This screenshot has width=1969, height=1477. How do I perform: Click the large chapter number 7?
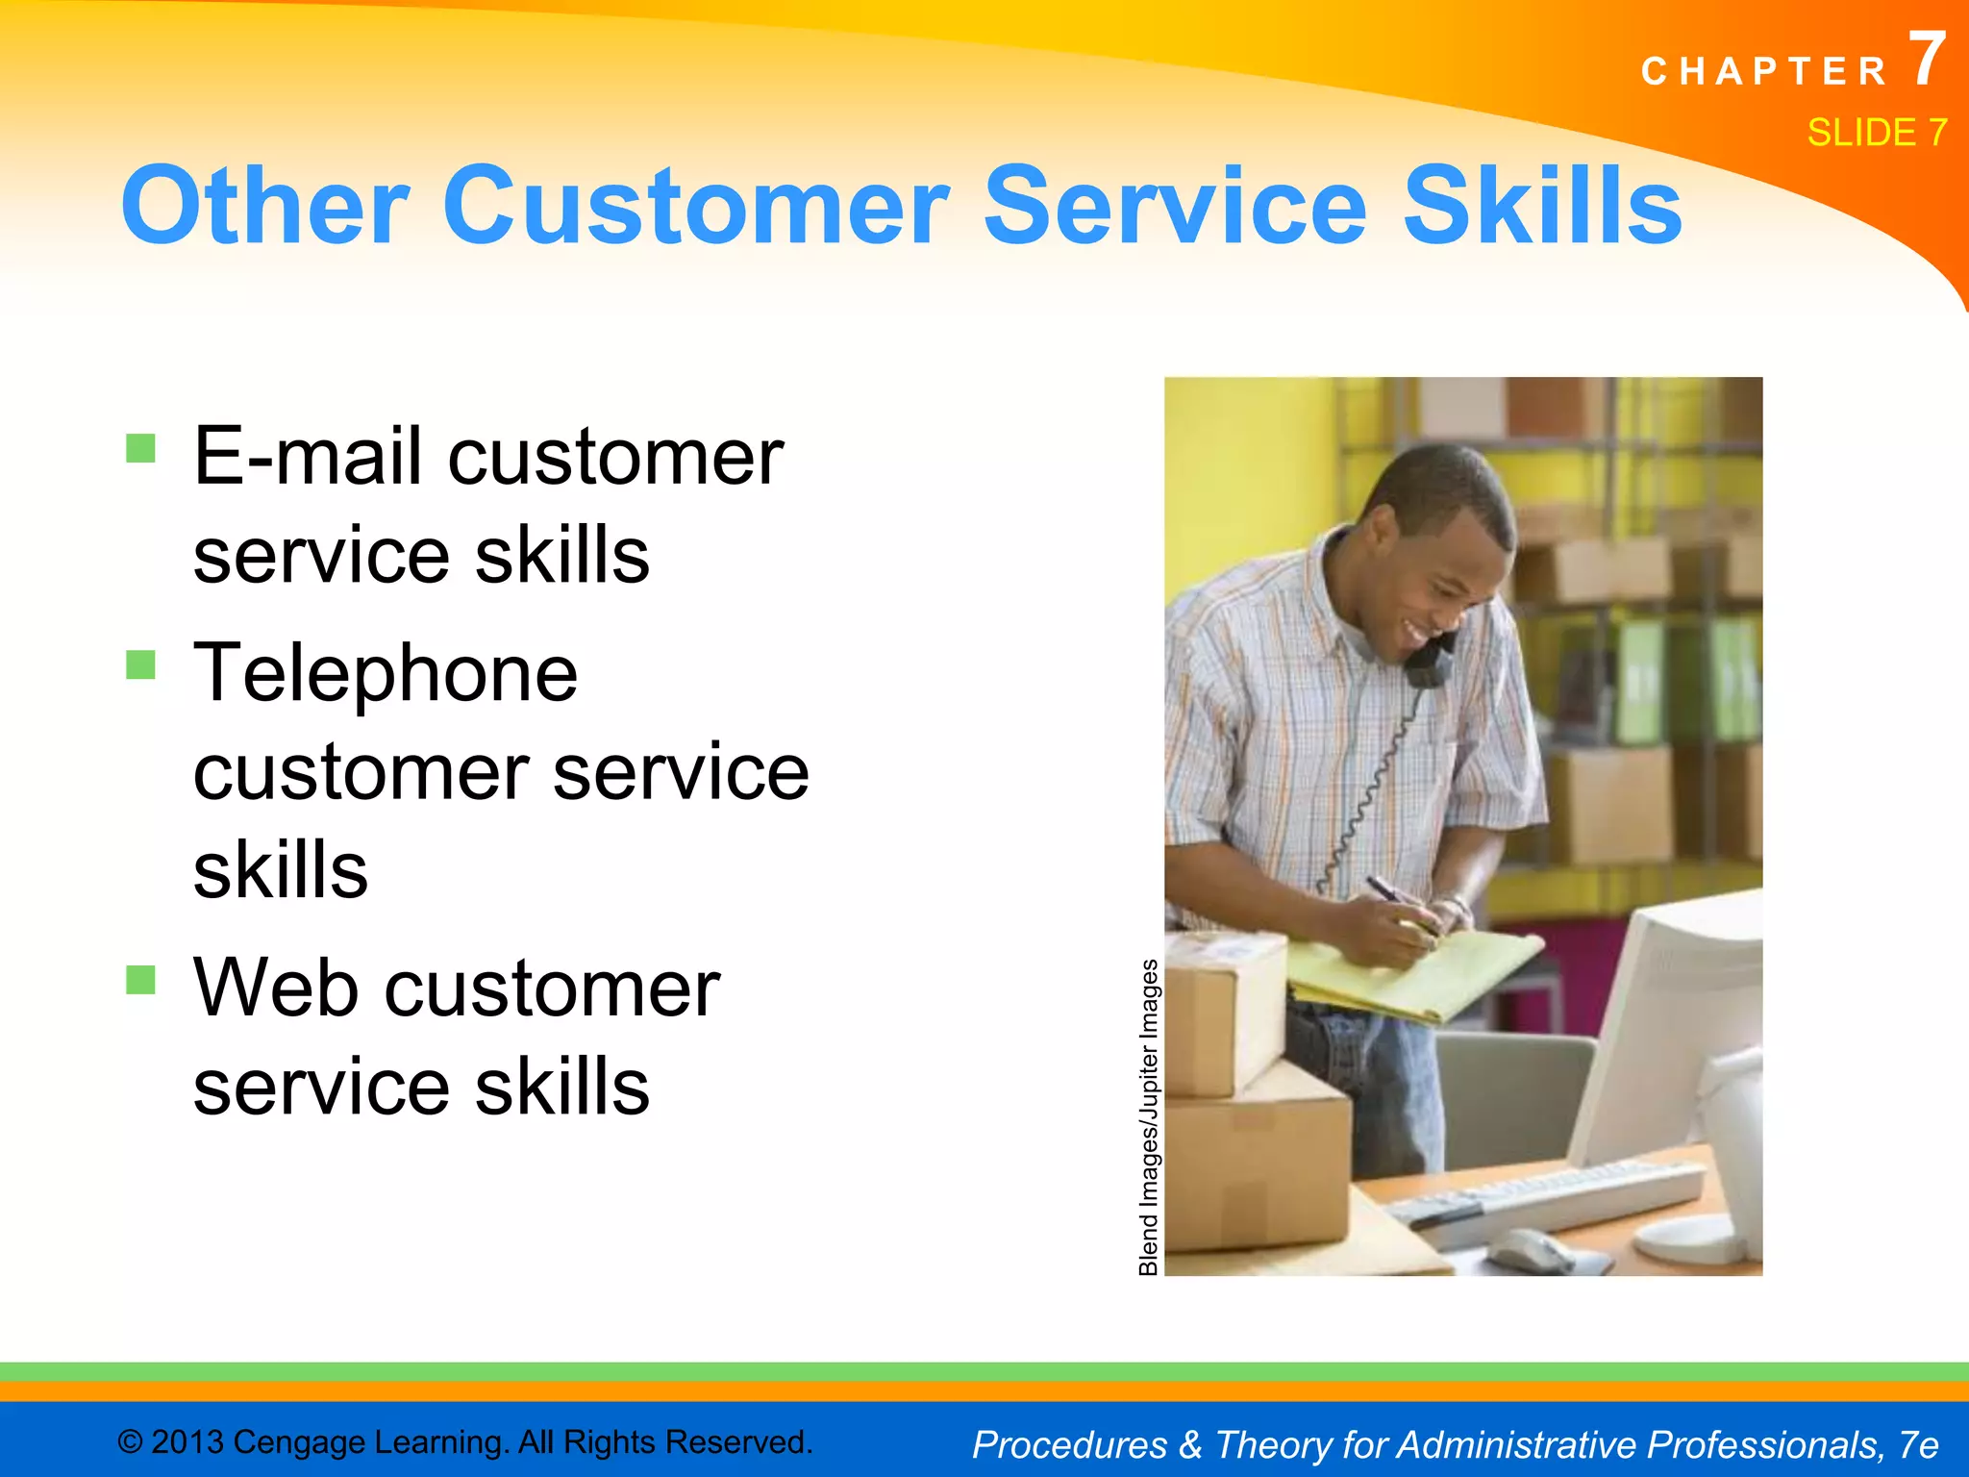(1926, 60)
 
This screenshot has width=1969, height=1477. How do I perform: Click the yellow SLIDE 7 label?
(1876, 132)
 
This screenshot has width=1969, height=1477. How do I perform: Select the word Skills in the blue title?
(1542, 205)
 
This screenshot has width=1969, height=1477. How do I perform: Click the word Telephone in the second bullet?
(386, 672)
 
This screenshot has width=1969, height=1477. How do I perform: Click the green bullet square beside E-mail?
(140, 448)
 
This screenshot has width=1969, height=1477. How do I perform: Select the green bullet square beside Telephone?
(140, 664)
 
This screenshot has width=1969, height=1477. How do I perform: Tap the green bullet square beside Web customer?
(140, 980)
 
